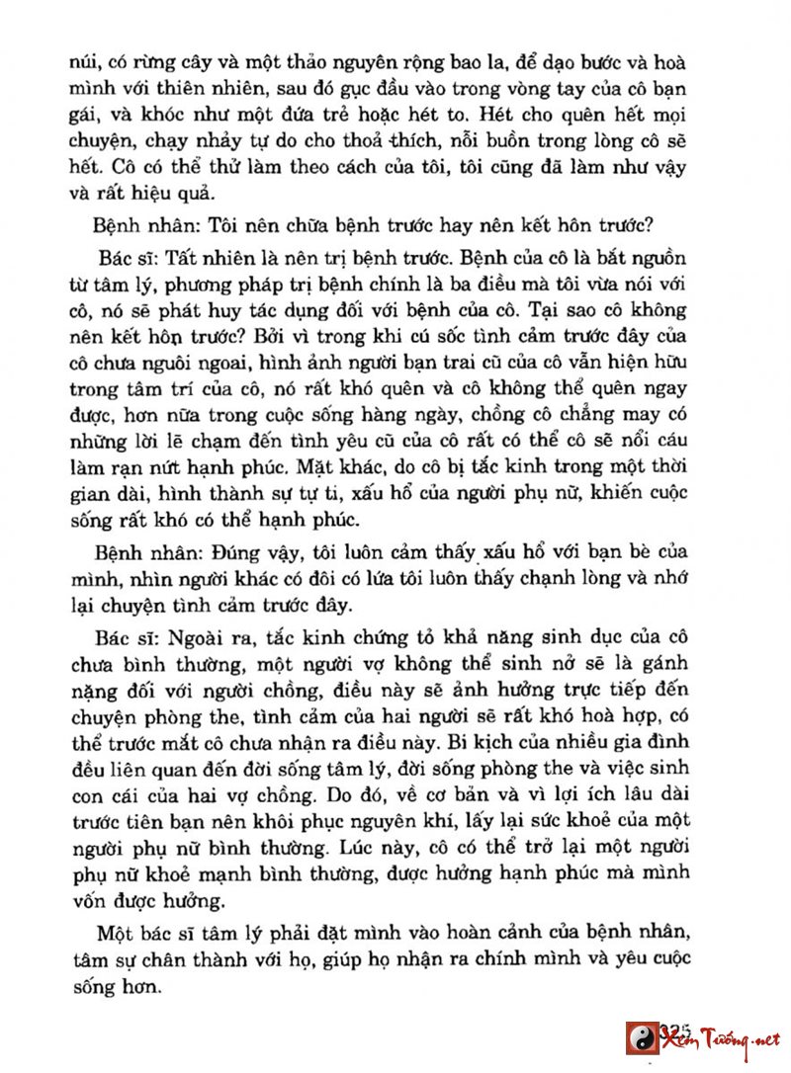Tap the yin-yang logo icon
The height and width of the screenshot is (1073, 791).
(x=642, y=1037)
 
